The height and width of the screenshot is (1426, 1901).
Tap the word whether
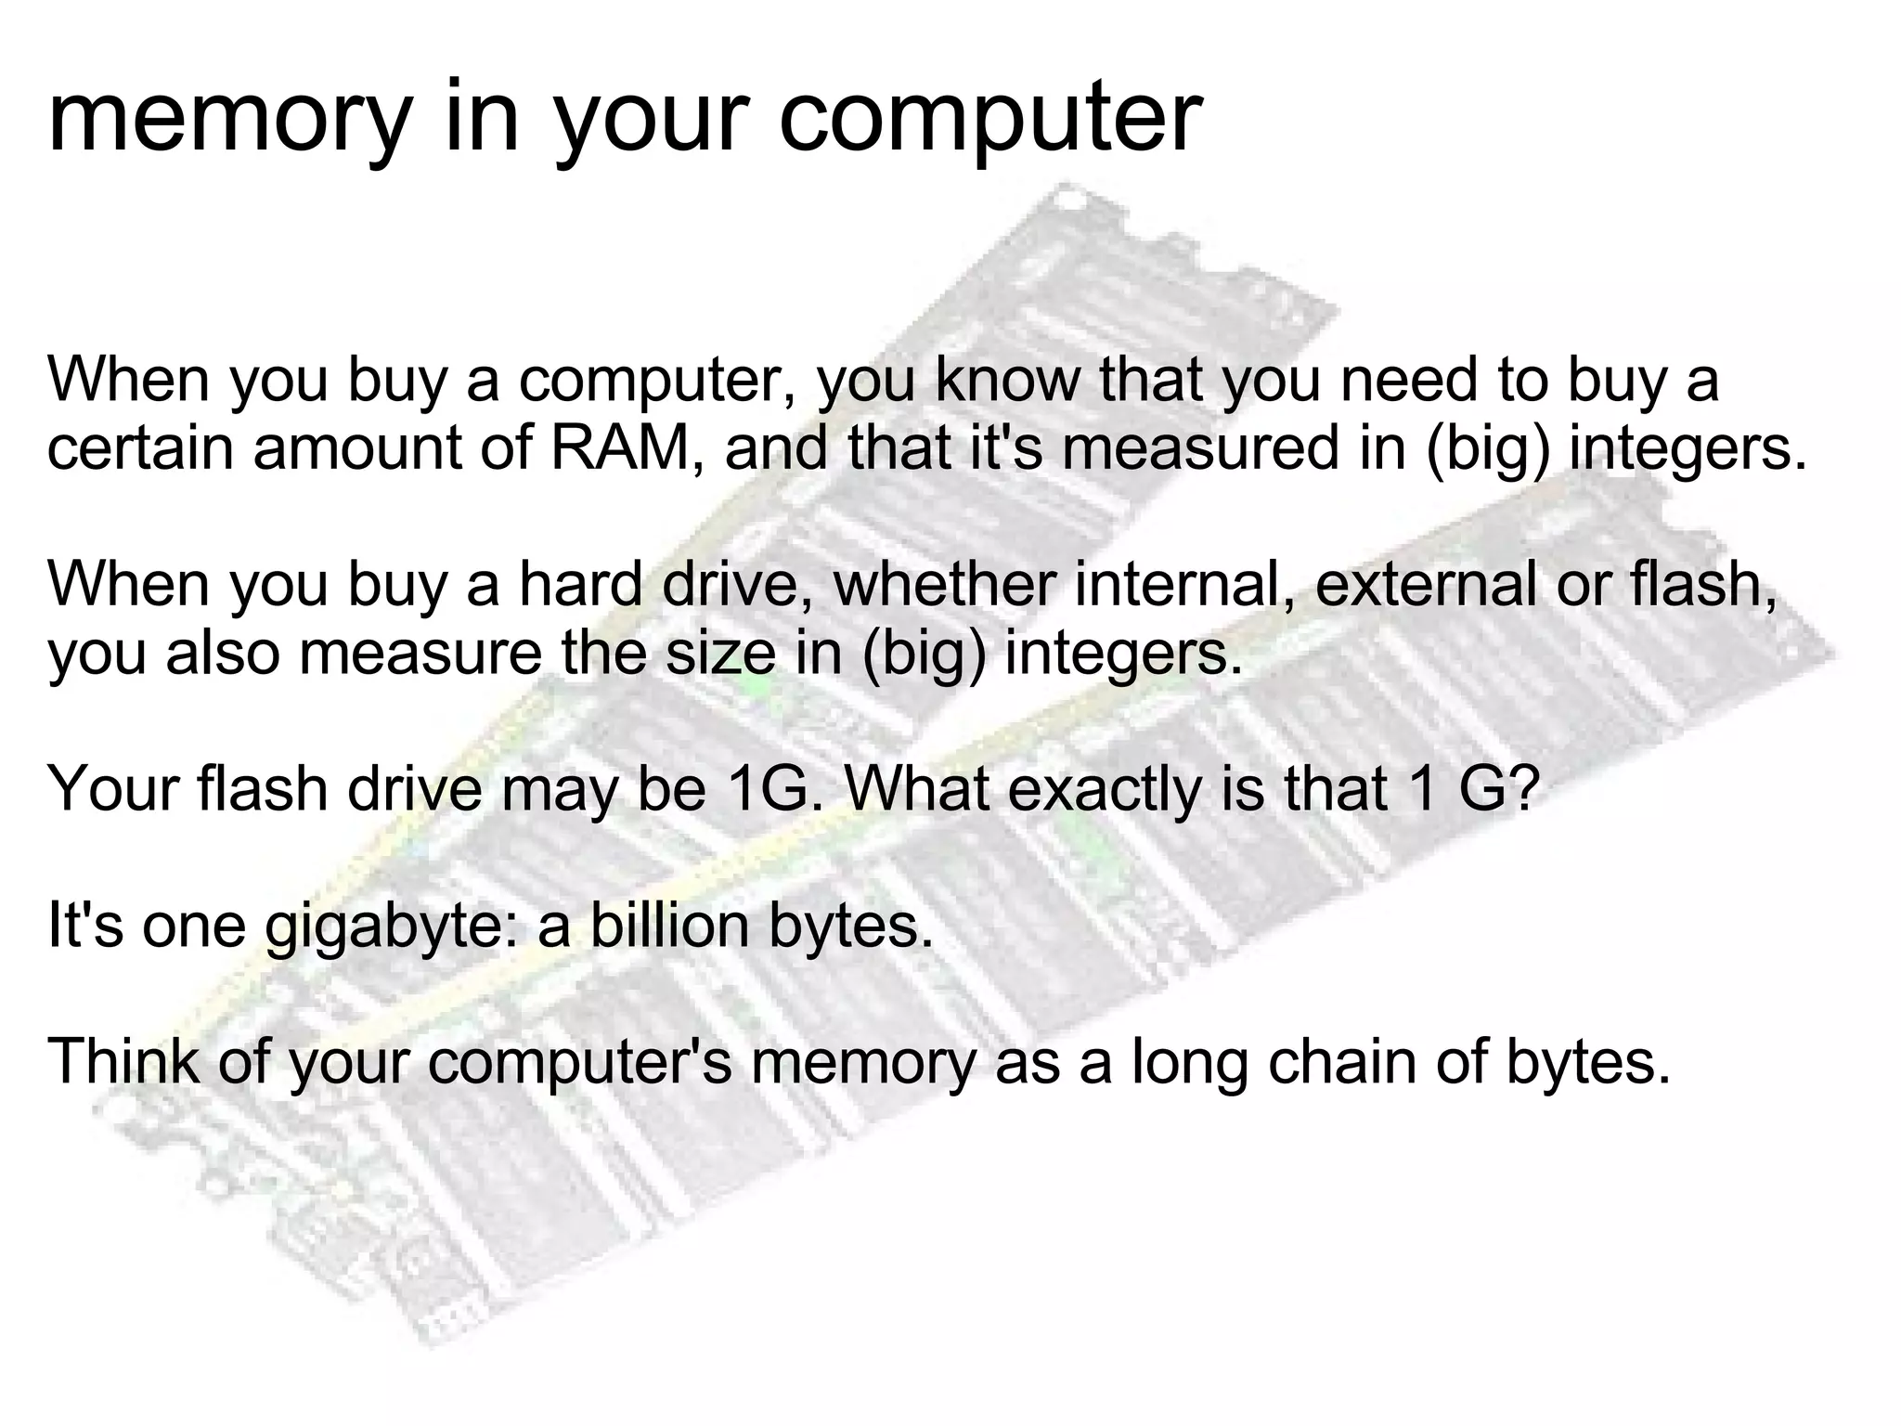click(944, 585)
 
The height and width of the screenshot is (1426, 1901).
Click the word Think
click(123, 1062)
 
